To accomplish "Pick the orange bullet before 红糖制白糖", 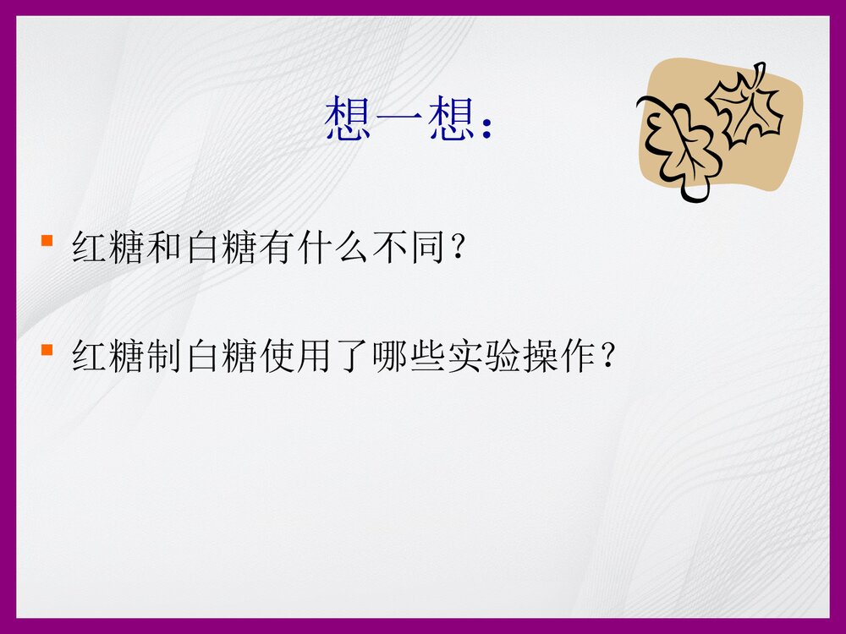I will pos(47,349).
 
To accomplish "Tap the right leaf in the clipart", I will pos(747,106).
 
